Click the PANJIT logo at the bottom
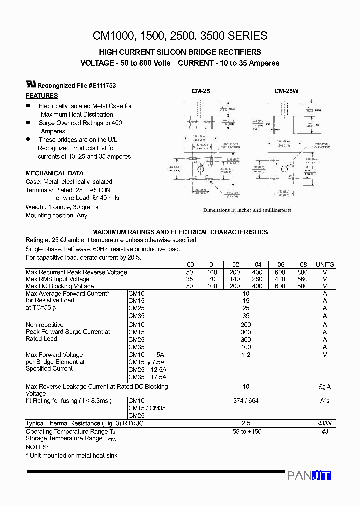pos(309,476)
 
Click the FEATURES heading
pos(42,96)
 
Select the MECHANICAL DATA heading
pos(55,173)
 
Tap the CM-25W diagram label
pos(286,91)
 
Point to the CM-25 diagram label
pos(201,91)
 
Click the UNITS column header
pos(325,265)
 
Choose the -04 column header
pos(257,265)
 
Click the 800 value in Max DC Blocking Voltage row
pos(302,286)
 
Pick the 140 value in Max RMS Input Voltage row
pos(235,279)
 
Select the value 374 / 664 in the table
pos(245,401)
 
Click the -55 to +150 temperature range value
pos(245,431)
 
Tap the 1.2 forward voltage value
pos(245,355)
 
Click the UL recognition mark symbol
pos(31,85)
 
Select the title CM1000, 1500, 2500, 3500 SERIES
pos(180,36)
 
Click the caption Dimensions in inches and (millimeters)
pos(247,210)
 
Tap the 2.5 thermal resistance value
pos(245,423)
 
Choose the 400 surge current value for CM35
pos(245,347)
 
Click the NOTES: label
pos(37,447)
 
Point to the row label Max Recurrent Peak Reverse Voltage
pos(76,272)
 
